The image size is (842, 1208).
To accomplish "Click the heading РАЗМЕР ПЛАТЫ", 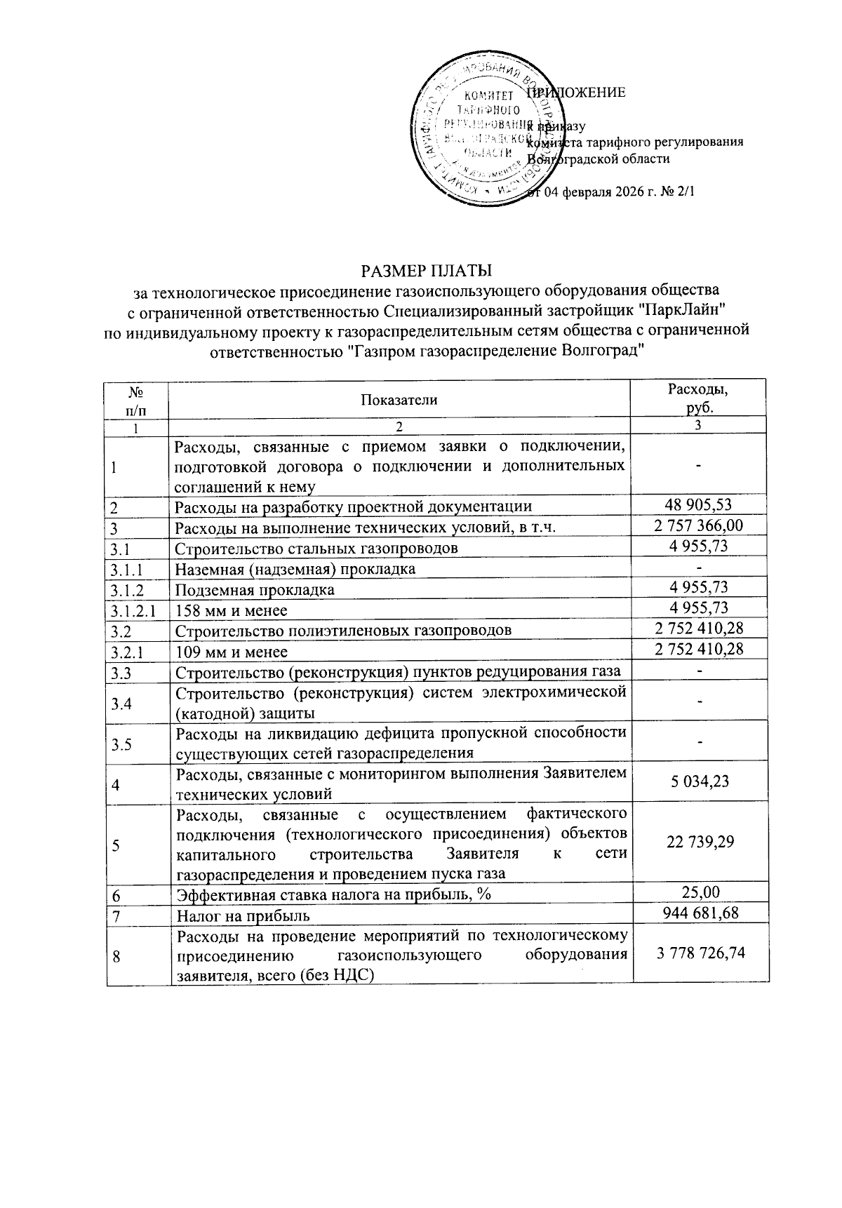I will [426, 270].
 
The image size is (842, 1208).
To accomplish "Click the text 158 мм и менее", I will [232, 610].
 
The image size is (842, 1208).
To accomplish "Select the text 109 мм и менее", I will [232, 651].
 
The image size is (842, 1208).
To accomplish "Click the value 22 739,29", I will [700, 842].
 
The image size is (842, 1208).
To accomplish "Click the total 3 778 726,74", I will [700, 953].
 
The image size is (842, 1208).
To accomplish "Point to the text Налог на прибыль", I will [243, 915].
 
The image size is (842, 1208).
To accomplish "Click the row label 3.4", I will [122, 703].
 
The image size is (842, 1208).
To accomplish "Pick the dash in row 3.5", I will [699, 742].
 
